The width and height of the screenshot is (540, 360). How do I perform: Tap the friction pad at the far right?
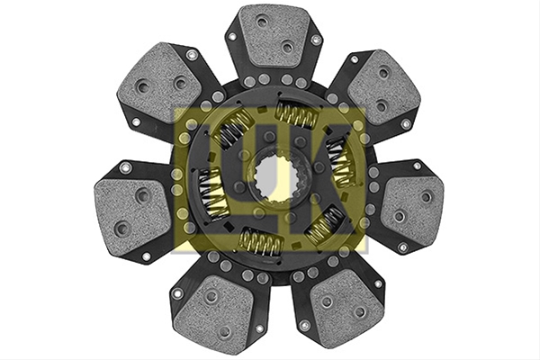click(412, 206)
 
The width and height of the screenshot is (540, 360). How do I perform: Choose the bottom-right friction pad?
click(347, 307)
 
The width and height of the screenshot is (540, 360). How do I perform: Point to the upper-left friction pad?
click(159, 83)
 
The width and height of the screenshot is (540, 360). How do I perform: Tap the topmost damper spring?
click(297, 114)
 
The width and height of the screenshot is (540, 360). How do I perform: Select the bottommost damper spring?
click(261, 242)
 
